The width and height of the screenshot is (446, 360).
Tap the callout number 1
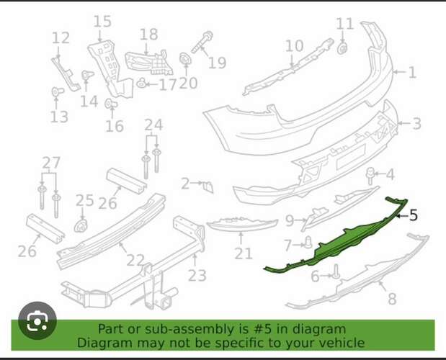412,72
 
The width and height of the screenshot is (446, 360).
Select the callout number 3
416,124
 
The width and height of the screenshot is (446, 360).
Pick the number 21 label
244,253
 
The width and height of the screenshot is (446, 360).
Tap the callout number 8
392,298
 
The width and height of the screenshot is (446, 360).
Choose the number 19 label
217,63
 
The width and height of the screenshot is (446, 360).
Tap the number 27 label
51,163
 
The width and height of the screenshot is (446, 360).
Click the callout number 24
153,125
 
